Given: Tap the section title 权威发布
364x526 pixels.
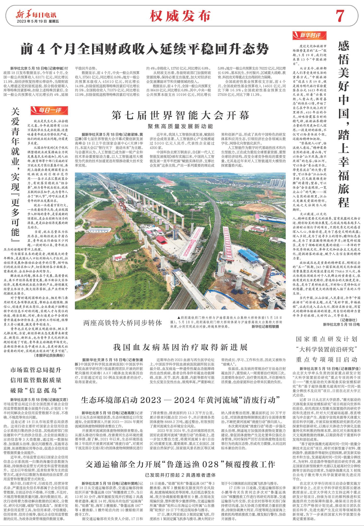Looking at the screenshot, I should pyautogui.click(x=180, y=16).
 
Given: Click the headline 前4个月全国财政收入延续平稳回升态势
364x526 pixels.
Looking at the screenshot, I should pyautogui.click(x=145, y=48).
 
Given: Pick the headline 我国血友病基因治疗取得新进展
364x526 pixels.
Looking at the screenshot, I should pyautogui.click(x=180, y=347).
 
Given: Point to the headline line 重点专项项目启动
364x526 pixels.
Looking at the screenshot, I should pyautogui.click(x=326, y=360).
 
